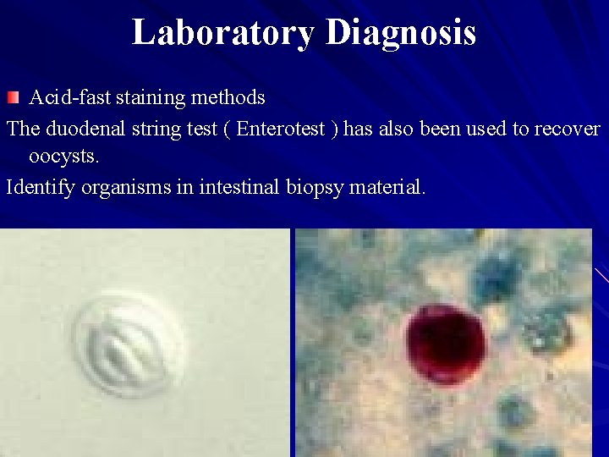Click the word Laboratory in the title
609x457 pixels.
[223, 33]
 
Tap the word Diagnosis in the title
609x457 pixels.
[400, 33]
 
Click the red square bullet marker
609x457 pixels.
[10, 98]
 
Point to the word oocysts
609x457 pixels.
[63, 157]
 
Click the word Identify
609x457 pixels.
[41, 186]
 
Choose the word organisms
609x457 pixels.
[119, 186]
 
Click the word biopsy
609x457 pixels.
[313, 186]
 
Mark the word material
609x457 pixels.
[385, 186]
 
